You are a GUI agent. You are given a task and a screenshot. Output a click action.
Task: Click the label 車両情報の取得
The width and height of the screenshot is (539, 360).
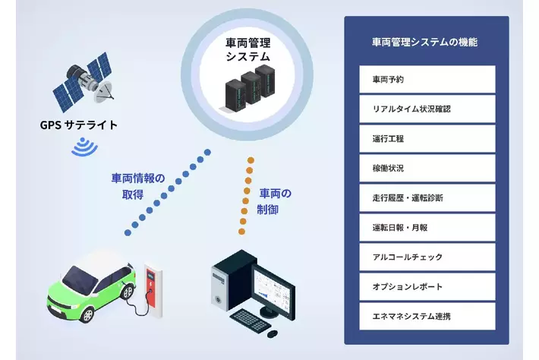tap(137, 186)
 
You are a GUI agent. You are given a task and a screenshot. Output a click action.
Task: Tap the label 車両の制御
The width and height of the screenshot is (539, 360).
tap(274, 201)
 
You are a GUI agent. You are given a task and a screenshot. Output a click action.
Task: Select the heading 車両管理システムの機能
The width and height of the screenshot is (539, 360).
tap(425, 42)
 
